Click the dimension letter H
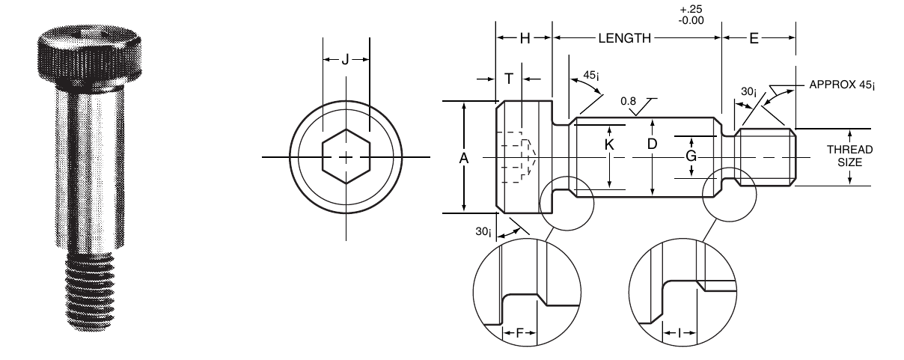525,38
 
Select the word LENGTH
624,38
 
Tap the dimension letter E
754,38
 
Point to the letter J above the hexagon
345,60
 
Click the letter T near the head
509,79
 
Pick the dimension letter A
464,158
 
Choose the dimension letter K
609,144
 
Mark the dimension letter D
652,144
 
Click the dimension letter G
691,156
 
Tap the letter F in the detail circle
520,333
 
